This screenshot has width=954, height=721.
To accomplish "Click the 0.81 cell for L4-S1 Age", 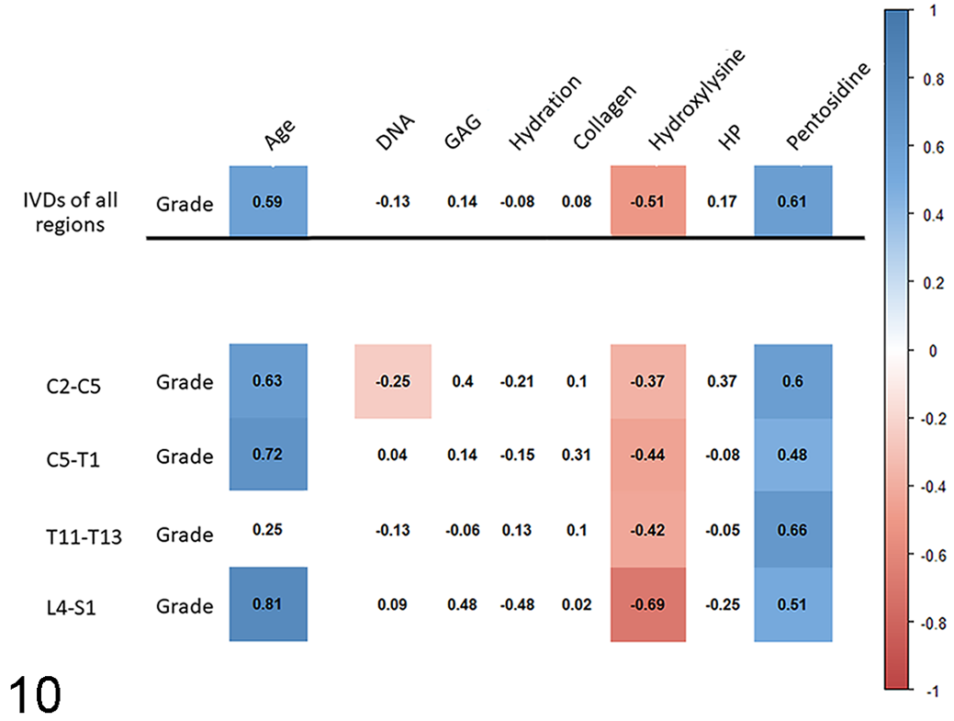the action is (x=268, y=603).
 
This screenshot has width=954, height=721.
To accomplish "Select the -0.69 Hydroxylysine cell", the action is (x=648, y=604).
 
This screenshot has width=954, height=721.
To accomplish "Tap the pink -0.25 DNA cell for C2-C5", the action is (x=393, y=381).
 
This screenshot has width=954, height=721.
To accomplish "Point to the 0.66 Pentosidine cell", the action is (x=792, y=529).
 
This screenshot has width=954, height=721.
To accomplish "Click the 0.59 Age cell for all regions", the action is (x=268, y=201).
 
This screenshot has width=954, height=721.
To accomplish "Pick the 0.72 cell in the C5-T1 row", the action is (x=268, y=454).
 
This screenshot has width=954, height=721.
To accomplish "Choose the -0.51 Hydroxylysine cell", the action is (x=648, y=201).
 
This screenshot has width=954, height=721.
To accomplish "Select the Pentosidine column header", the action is (x=828, y=106).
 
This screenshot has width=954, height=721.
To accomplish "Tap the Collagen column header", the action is (x=605, y=117).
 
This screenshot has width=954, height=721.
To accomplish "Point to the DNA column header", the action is (x=395, y=132).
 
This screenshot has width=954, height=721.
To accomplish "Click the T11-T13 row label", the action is (x=84, y=536).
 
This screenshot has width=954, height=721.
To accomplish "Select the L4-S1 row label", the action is (x=72, y=607).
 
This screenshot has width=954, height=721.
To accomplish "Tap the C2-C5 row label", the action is (x=73, y=386).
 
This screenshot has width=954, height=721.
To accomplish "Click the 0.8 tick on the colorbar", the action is (x=933, y=79).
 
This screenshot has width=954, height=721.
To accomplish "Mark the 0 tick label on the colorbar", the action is (x=933, y=351).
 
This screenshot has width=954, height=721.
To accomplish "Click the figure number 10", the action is (x=35, y=694).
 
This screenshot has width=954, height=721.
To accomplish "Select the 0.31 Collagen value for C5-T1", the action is (x=577, y=456).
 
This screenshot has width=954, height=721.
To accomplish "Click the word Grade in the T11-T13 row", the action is (x=185, y=535).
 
